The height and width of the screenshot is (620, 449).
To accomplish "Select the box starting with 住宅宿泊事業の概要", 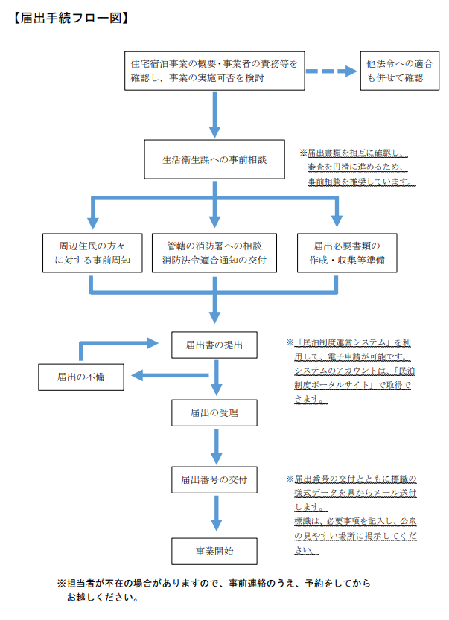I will pyautogui.click(x=214, y=71).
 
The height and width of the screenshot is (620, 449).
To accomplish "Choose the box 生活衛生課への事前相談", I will pyautogui.click(x=214, y=160).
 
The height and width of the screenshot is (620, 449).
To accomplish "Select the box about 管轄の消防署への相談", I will pyautogui.click(x=214, y=254).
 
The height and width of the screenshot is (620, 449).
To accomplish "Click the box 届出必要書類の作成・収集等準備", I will pyautogui.click(x=337, y=254).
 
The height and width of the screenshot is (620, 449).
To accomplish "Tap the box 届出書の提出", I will pyautogui.click(x=214, y=345).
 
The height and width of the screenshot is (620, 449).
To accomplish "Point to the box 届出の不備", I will pyautogui.click(x=81, y=377).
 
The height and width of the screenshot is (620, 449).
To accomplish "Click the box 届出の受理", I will pyautogui.click(x=214, y=412).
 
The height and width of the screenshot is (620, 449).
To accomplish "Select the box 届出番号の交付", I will pyautogui.click(x=214, y=478).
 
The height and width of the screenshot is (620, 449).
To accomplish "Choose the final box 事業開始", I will pyautogui.click(x=214, y=552).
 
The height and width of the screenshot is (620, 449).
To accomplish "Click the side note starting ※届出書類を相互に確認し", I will pyautogui.click(x=357, y=167).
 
